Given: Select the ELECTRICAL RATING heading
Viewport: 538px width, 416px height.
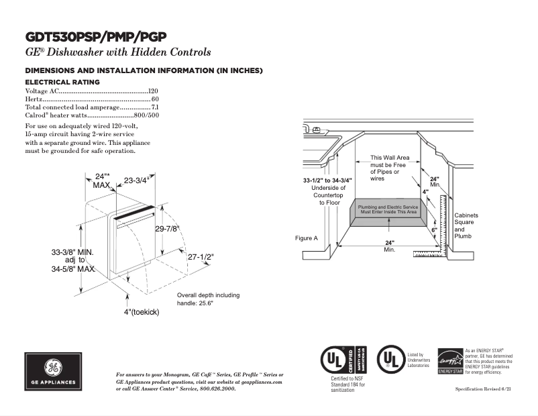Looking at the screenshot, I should (62, 82).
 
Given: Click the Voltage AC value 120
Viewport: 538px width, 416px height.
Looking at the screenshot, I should (153, 91).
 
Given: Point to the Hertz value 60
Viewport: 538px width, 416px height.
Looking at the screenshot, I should (155, 99).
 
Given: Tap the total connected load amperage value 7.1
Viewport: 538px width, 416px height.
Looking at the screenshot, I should (155, 107).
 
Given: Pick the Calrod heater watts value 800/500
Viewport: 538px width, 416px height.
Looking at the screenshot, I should (147, 115).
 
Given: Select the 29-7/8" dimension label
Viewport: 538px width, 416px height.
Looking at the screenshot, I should (168, 229).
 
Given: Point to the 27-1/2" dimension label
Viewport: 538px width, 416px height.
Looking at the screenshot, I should (199, 257).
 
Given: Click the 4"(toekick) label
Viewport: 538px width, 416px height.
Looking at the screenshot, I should (142, 312).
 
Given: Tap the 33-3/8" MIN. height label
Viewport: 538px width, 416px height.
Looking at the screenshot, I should (72, 252).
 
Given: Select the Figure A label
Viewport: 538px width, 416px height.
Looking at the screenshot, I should (306, 238).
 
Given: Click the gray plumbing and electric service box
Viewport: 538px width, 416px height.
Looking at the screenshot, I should (387, 215).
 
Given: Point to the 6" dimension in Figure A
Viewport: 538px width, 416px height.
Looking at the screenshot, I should (434, 230).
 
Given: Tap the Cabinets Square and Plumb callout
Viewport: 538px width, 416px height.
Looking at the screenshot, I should (466, 225).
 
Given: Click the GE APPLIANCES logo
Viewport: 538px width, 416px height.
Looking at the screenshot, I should (52, 371).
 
